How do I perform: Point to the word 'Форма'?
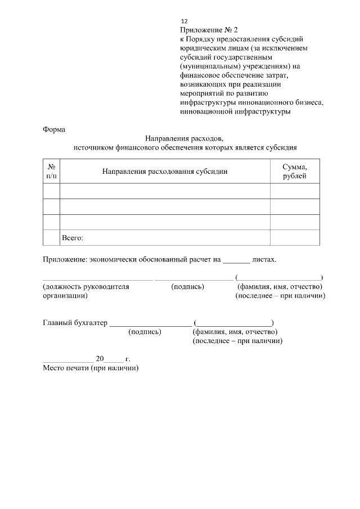coord(54,129)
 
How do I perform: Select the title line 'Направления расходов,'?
coord(184,138)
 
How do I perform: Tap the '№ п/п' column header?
coord(51,172)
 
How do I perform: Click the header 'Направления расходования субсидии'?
coord(165,172)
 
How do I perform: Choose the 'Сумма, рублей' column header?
coord(295,172)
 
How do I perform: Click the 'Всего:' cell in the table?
coord(72,238)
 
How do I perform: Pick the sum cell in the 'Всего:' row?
coord(295,238)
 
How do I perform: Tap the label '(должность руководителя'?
coord(86,286)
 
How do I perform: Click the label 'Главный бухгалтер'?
coord(75,323)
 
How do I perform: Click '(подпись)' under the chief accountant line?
coord(145,332)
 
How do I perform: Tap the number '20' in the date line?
coord(100,359)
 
